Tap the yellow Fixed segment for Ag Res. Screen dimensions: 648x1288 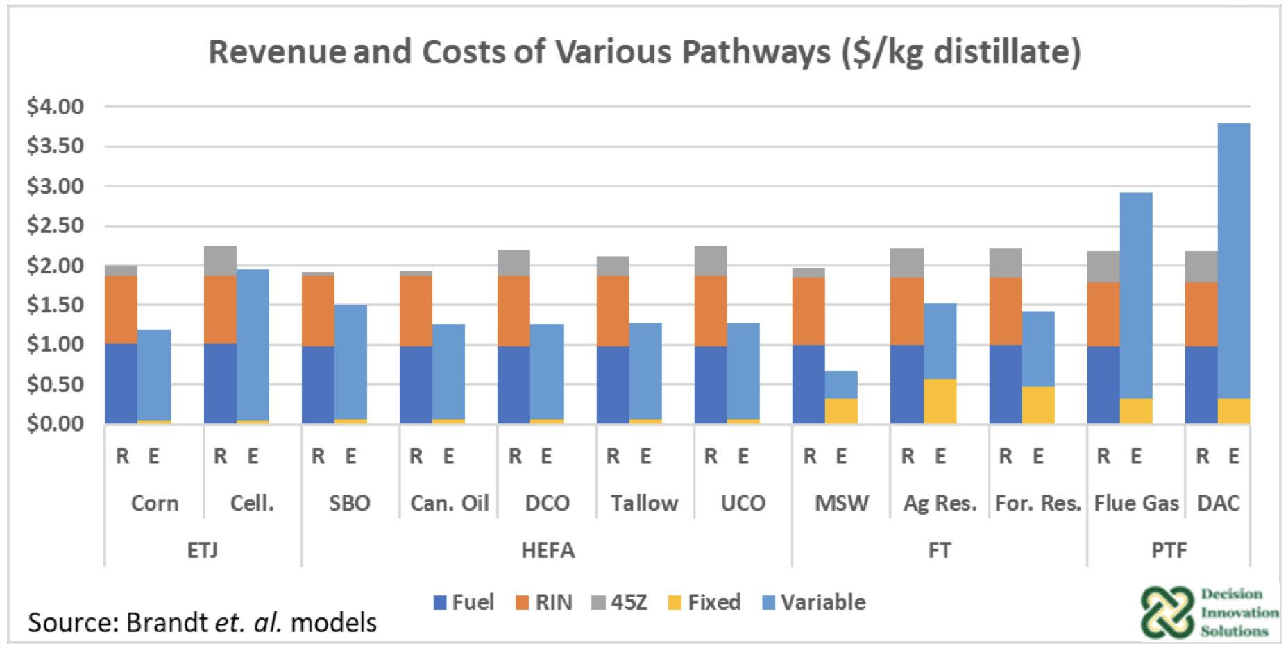940,401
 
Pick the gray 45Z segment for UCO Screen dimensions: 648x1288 711,261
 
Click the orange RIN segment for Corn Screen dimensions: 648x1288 121,309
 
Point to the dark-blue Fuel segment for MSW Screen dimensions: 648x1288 808,384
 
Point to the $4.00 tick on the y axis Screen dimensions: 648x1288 55,107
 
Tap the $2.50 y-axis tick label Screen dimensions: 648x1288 55,225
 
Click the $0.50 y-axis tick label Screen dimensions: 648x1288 55,384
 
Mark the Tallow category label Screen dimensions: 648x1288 644,503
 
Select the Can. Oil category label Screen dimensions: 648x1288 449,503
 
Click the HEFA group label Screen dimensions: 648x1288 548,550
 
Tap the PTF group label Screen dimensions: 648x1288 1168,550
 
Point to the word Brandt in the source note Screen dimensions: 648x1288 165,622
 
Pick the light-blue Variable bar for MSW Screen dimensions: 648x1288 841,385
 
